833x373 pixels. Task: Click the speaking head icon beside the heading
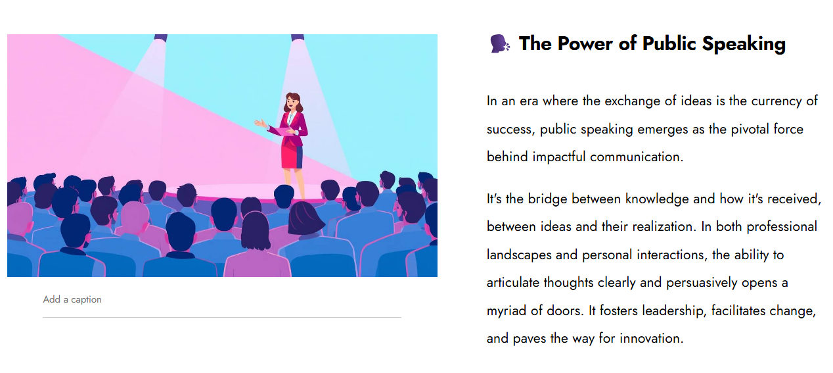click(x=499, y=43)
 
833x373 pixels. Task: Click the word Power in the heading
click(x=585, y=43)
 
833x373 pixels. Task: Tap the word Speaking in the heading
click(x=744, y=44)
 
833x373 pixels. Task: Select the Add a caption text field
click(x=222, y=300)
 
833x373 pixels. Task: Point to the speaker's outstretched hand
click(x=260, y=123)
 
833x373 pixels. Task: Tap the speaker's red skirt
click(x=292, y=157)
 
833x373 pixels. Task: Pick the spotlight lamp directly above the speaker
click(x=298, y=37)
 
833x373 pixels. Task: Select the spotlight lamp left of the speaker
click(x=161, y=37)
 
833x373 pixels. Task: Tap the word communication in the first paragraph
click(x=637, y=157)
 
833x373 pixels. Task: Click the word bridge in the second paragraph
click(x=547, y=199)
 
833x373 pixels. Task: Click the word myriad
click(x=507, y=311)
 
